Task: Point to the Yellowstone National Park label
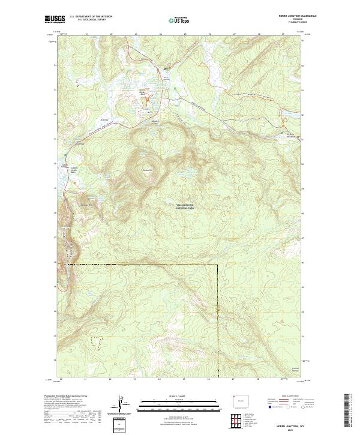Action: tap(185, 205)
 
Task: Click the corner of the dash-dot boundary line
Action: tap(217, 265)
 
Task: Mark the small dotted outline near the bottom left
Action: tap(95, 341)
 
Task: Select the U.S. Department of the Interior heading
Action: tap(91, 17)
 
